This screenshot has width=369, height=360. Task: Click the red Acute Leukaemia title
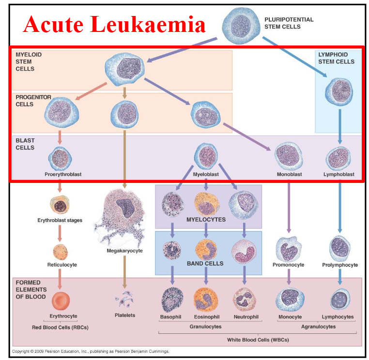point(115,24)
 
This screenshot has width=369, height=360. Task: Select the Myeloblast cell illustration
point(206,156)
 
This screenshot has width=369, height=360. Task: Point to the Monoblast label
point(289,174)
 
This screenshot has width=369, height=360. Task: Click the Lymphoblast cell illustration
point(338,158)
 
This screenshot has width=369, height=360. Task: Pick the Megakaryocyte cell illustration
point(125,213)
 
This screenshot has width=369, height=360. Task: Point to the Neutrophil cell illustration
point(245,300)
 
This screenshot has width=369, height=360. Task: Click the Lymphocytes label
point(338,317)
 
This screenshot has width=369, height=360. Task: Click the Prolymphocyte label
point(340,265)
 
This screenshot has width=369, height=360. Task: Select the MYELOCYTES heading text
point(206,220)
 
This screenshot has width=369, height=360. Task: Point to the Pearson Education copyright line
point(91,351)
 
